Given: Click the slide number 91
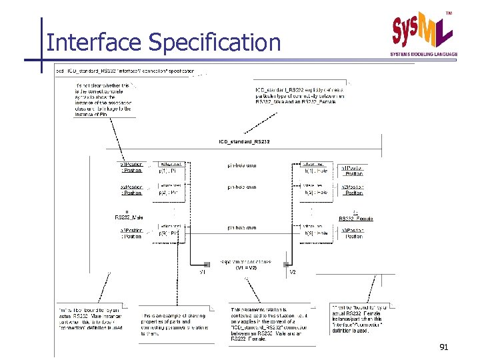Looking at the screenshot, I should coord(444,347).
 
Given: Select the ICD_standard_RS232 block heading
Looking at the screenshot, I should coord(244,141).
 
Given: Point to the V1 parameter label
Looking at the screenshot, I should coord(203,272).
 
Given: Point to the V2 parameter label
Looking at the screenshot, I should coord(292,272).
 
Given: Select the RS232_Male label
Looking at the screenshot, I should coord(129,217).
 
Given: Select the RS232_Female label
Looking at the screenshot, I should coord(355,219).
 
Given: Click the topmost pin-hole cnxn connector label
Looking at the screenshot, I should coord(242,166).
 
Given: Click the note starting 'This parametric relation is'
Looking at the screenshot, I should coord(258,324).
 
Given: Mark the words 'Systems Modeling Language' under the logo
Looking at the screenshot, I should coord(424,55).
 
